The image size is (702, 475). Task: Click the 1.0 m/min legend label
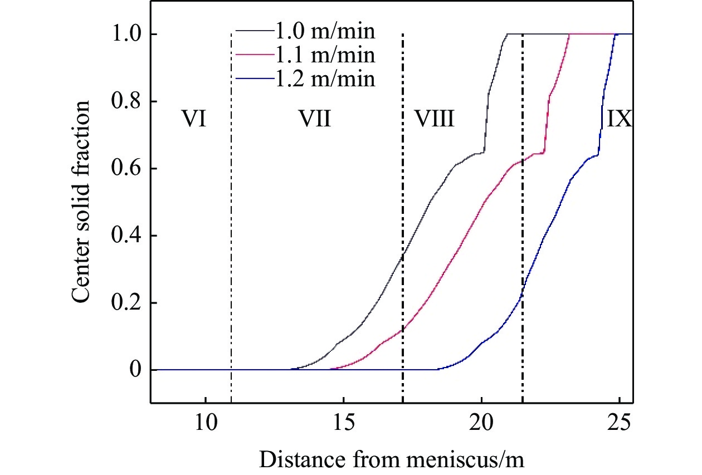pyautogui.click(x=325, y=31)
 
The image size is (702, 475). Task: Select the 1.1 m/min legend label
pyautogui.click(x=325, y=55)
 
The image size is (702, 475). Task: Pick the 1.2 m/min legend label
pyautogui.click(x=325, y=79)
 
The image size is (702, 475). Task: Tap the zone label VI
pyautogui.click(x=194, y=119)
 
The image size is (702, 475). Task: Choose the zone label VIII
pyautogui.click(x=433, y=119)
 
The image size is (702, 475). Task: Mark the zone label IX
pyautogui.click(x=619, y=119)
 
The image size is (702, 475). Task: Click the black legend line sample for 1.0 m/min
pyautogui.click(x=253, y=31)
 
